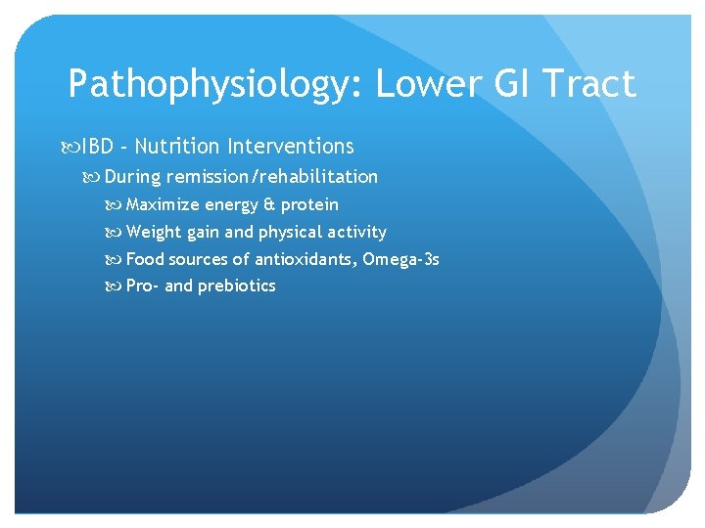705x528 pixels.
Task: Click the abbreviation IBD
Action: coord(96,147)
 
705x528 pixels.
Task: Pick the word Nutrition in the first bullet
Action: coord(177,147)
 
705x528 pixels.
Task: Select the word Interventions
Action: coord(291,147)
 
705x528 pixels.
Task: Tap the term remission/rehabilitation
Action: coord(272,177)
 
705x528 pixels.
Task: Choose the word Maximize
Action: coord(164,205)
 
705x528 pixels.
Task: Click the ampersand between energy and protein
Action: coord(269,205)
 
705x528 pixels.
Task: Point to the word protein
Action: coord(310,205)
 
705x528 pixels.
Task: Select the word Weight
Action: coord(154,233)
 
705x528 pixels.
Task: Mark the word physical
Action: coord(291,233)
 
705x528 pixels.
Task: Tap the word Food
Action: coord(146,259)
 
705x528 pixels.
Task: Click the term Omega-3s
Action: coord(400,259)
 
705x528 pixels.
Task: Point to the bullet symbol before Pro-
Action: coord(115,286)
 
